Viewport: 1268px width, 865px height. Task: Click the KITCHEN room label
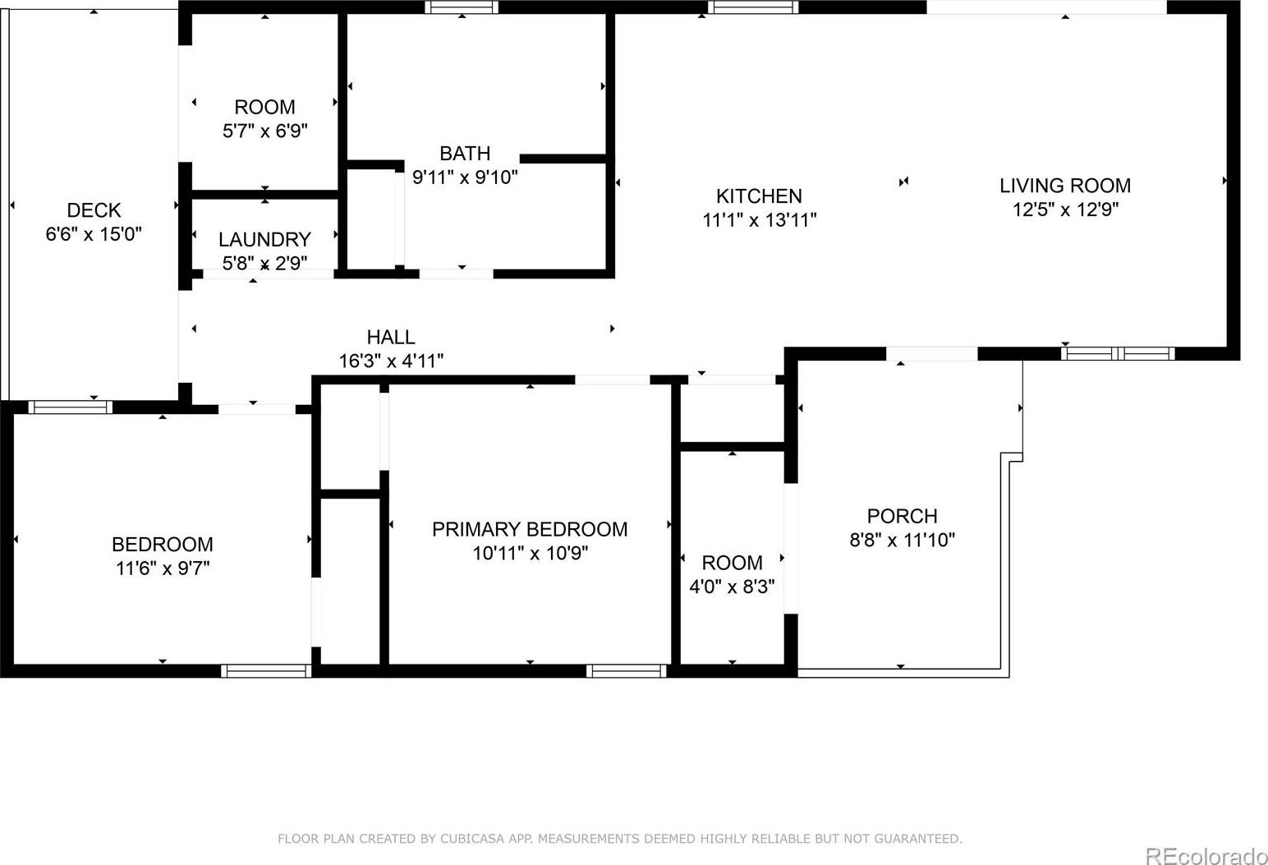point(759,196)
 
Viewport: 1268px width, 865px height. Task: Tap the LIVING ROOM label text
point(1065,186)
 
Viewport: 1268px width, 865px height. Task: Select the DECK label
point(94,210)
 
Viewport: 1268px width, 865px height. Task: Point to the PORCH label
point(903,516)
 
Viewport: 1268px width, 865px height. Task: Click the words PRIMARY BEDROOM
point(530,529)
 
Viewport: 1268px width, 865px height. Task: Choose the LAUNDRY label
point(264,240)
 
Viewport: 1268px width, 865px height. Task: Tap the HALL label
point(391,337)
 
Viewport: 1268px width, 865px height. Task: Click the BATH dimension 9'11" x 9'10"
point(465,177)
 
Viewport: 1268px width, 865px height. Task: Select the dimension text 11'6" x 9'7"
point(163,568)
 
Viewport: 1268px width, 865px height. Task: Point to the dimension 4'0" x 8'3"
point(732,587)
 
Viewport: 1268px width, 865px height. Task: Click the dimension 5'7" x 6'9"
point(265,131)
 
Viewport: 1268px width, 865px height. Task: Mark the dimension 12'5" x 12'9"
point(1065,209)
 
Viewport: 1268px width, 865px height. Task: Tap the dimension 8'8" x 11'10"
point(903,540)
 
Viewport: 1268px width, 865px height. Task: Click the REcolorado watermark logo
point(1206,855)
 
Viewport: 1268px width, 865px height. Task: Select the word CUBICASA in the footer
point(472,839)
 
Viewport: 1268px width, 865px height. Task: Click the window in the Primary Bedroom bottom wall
point(626,671)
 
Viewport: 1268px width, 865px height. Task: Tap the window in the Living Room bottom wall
point(1118,353)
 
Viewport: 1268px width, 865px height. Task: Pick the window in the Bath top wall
point(462,7)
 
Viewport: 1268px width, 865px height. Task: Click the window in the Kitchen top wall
point(753,7)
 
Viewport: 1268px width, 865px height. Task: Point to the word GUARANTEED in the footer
point(917,839)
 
